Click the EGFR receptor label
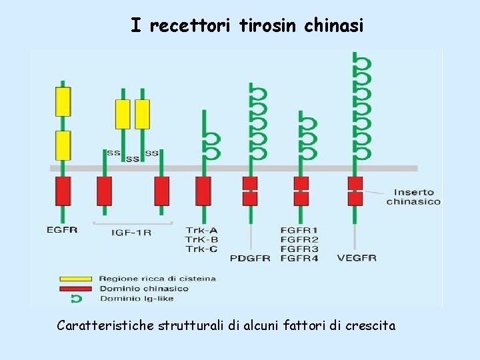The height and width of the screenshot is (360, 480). click(62, 230)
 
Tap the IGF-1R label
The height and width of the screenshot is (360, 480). click(131, 232)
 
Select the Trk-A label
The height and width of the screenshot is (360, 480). click(201, 231)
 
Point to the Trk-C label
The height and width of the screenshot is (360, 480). click(201, 249)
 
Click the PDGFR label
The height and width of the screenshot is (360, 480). click(250, 258)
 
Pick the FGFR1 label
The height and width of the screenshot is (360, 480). click(299, 231)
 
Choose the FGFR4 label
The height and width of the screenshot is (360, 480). click(299, 258)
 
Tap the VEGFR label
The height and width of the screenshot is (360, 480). click(357, 258)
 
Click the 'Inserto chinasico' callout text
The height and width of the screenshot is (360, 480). click(413, 197)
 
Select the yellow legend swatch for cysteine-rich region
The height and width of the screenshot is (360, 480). click(76, 279)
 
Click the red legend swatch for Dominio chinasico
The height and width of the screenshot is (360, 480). click(76, 289)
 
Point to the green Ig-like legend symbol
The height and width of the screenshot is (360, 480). click(76, 299)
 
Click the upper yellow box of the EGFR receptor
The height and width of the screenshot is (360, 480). click(63, 101)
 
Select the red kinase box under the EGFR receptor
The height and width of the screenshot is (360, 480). click(63, 191)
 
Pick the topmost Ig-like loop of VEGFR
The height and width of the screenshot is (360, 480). click(361, 63)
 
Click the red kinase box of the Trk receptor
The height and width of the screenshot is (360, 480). click(203, 191)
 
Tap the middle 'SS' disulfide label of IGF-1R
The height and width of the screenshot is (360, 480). click(132, 159)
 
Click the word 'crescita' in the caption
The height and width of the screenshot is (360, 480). click(371, 326)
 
